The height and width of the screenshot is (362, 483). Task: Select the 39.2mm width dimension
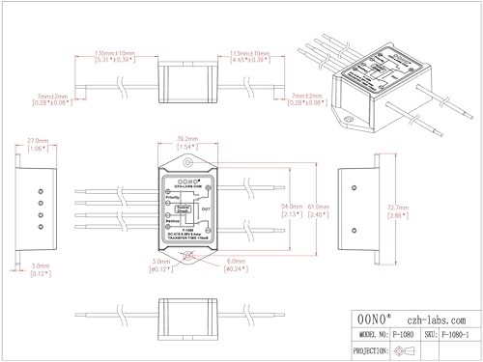pos(187,141)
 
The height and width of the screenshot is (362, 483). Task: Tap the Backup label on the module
pos(175,221)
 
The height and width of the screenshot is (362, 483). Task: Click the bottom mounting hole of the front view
pos(187,257)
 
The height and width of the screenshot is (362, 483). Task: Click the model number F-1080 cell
pos(409,333)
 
